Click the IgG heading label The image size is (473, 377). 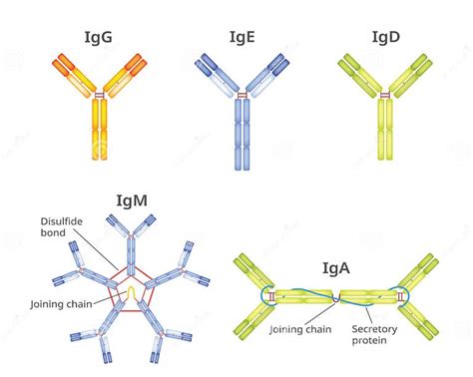pos(98,38)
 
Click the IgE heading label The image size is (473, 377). pos(241,38)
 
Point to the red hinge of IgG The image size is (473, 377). pos(98,96)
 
